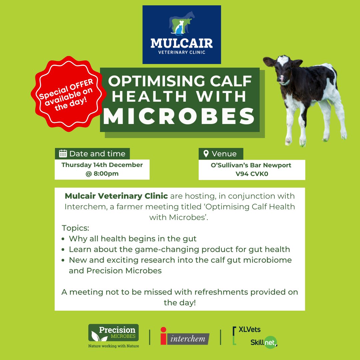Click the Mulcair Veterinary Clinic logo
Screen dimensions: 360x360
(x=181, y=34)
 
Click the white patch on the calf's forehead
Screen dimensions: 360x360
(x=283, y=60)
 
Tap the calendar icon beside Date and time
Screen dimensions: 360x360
(x=63, y=154)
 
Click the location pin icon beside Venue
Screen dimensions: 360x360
(x=206, y=154)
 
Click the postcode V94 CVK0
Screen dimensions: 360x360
(x=252, y=173)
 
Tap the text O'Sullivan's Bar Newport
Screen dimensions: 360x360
(x=252, y=165)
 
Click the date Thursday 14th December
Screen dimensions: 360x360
(x=102, y=165)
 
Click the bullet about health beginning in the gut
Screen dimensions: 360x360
(x=133, y=239)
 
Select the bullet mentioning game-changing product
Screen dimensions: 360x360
(x=179, y=249)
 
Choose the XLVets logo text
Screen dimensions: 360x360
(x=249, y=330)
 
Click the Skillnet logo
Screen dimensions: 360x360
(x=264, y=342)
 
